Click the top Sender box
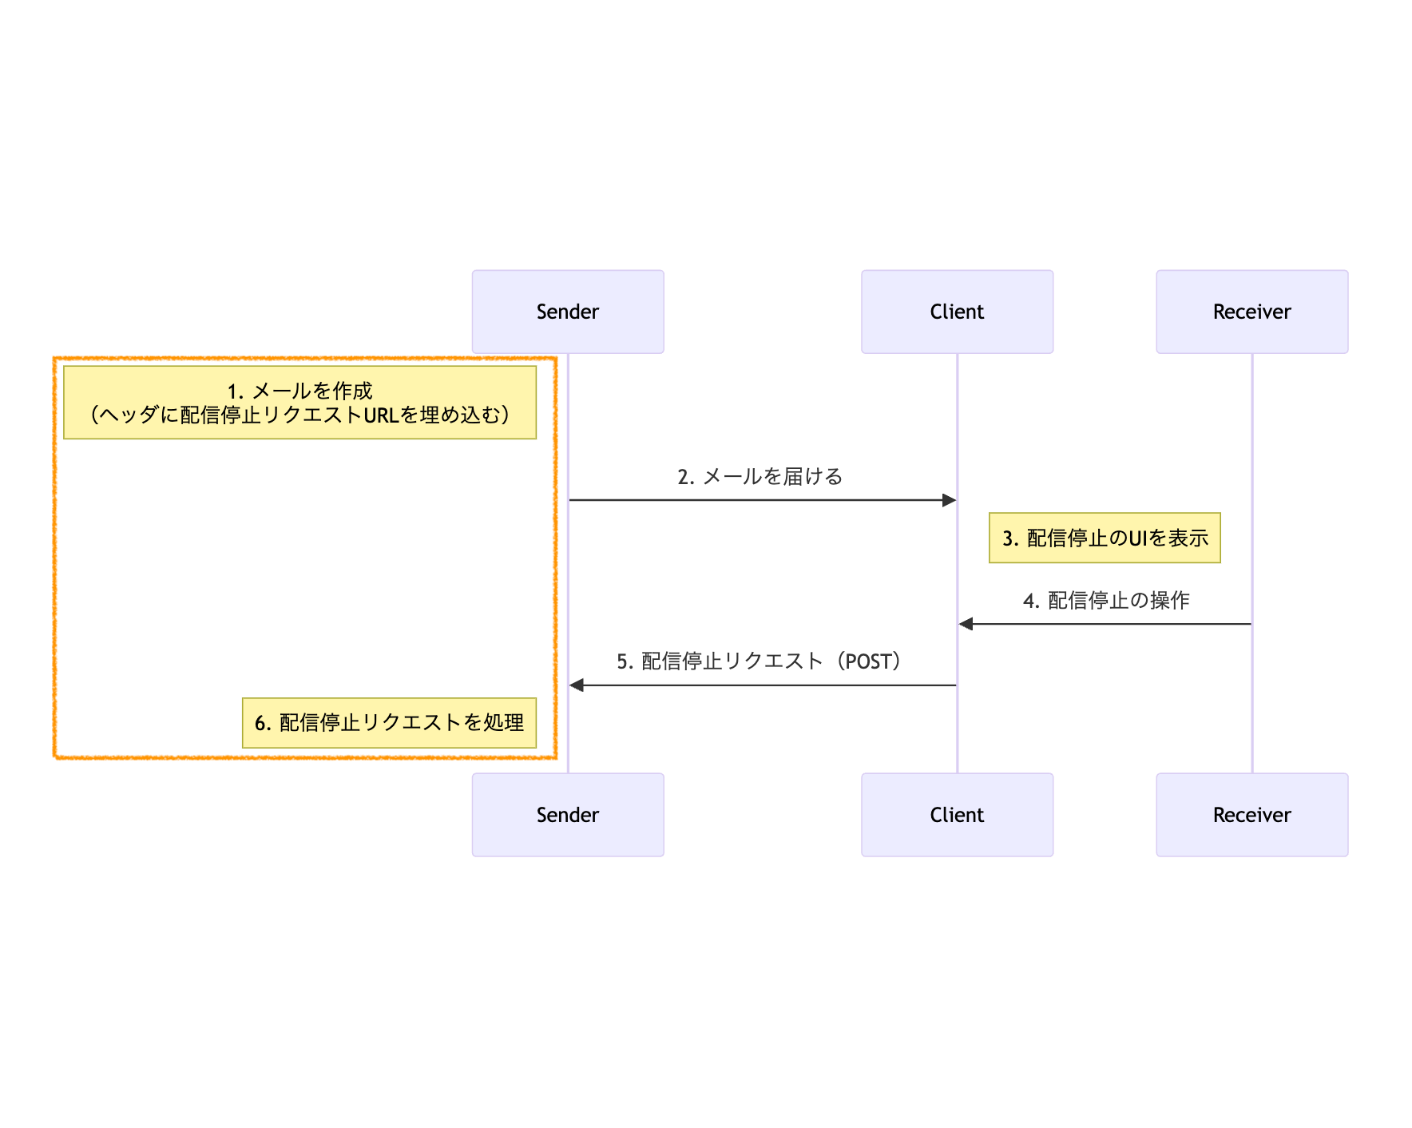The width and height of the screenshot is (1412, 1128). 567,312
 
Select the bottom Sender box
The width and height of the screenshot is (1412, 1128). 567,815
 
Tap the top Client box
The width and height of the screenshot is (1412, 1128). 957,312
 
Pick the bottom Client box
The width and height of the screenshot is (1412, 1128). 957,815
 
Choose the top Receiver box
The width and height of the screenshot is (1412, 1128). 1251,312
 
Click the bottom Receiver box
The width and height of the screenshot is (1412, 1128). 1251,815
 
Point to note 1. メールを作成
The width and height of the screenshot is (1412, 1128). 299,402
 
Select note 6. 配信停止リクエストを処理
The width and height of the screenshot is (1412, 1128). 389,723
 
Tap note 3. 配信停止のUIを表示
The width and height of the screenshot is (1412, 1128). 1105,538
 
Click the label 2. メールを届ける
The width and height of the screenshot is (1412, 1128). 760,477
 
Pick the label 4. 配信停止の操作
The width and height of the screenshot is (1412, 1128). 1106,601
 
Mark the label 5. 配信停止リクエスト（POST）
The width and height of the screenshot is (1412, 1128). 760,661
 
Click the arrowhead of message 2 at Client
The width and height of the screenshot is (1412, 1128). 950,500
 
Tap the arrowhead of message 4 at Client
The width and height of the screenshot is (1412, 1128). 966,624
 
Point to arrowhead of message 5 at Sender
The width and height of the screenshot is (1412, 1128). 577,685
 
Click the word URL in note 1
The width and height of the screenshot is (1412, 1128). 381,415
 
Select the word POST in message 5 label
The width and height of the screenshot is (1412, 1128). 867,662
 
